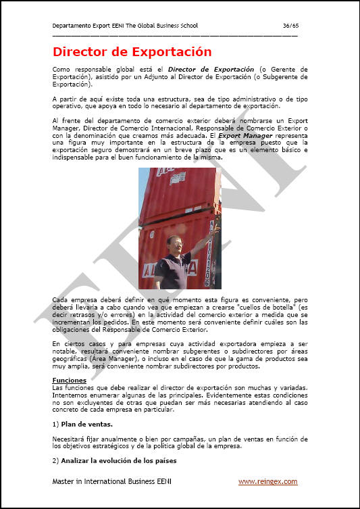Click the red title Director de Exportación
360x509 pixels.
[132, 52]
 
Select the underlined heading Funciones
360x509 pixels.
[69, 381]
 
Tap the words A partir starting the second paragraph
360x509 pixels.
[66, 99]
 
